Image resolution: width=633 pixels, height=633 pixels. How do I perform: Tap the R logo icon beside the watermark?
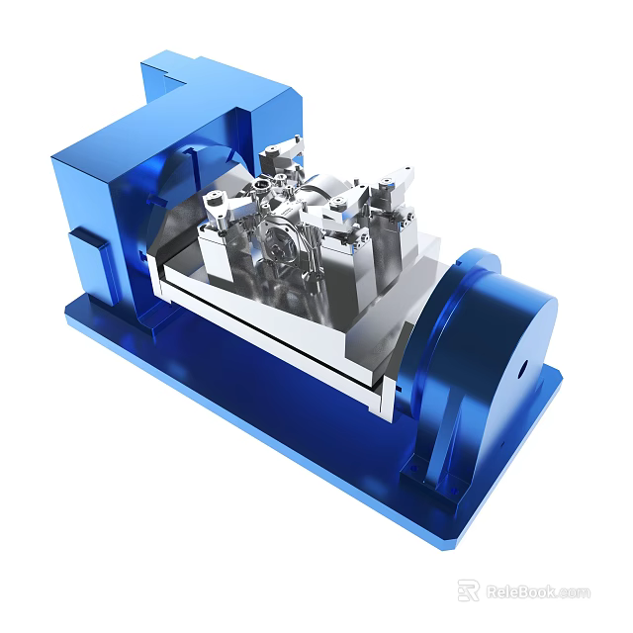coord(468,590)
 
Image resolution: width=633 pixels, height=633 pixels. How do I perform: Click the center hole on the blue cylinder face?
coord(520,373)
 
